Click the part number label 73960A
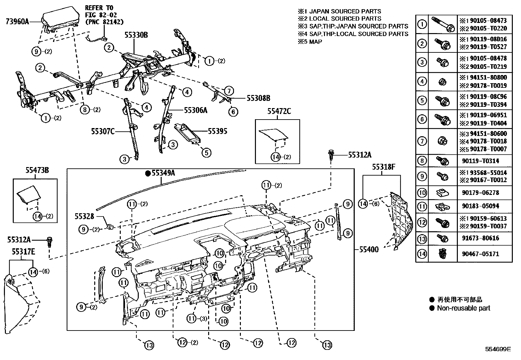pyautogui.click(x=17, y=22)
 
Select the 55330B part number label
pyautogui.click(x=136, y=35)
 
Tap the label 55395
pyautogui.click(x=217, y=131)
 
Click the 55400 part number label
pyautogui.click(x=369, y=250)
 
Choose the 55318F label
pyautogui.click(x=384, y=167)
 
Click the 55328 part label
pyautogui.click(x=84, y=216)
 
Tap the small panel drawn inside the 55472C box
pyautogui.click(x=273, y=135)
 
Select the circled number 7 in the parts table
pyautogui.click(x=422, y=142)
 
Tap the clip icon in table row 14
pyautogui.click(x=442, y=254)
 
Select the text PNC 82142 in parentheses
pyautogui.click(x=104, y=22)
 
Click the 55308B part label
pyautogui.click(x=258, y=98)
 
